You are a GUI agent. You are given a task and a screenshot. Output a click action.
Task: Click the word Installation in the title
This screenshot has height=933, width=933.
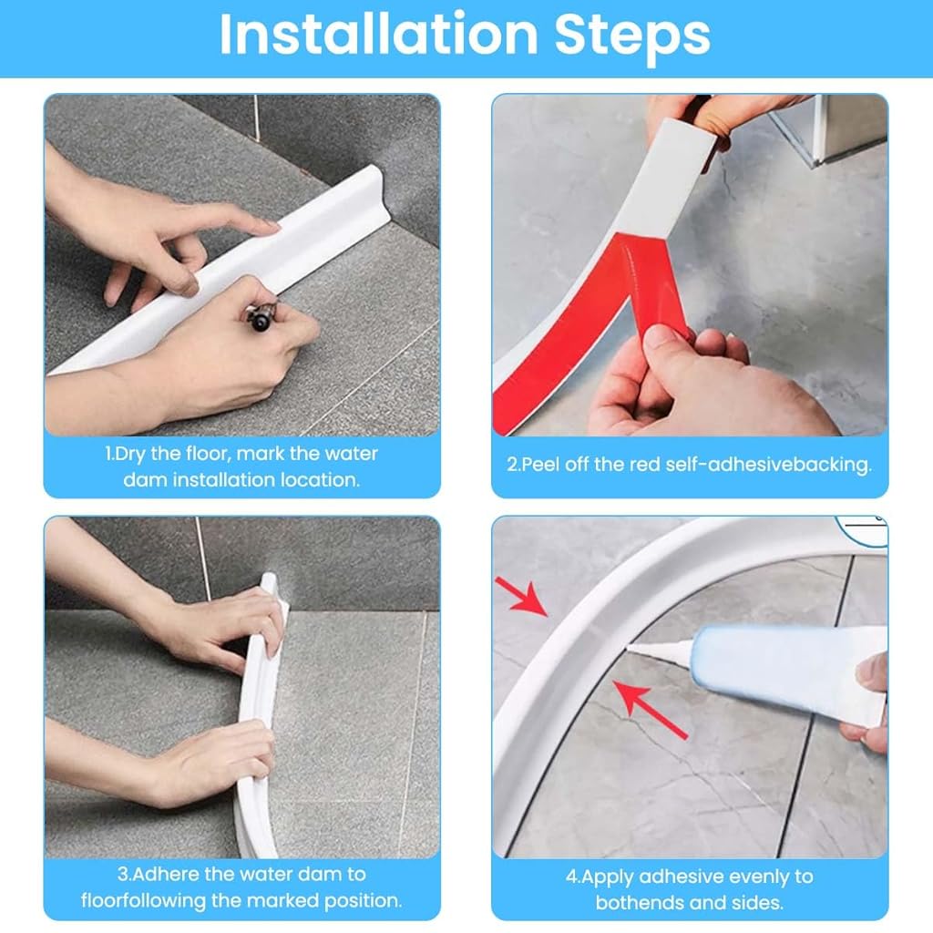click(x=379, y=35)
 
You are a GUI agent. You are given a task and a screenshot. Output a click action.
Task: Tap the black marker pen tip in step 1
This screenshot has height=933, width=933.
click(x=260, y=322)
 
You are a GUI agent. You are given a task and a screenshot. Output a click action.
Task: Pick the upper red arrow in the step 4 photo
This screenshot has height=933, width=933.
click(x=520, y=596)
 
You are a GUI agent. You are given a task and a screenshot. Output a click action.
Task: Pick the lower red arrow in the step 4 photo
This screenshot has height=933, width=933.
click(x=650, y=709)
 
